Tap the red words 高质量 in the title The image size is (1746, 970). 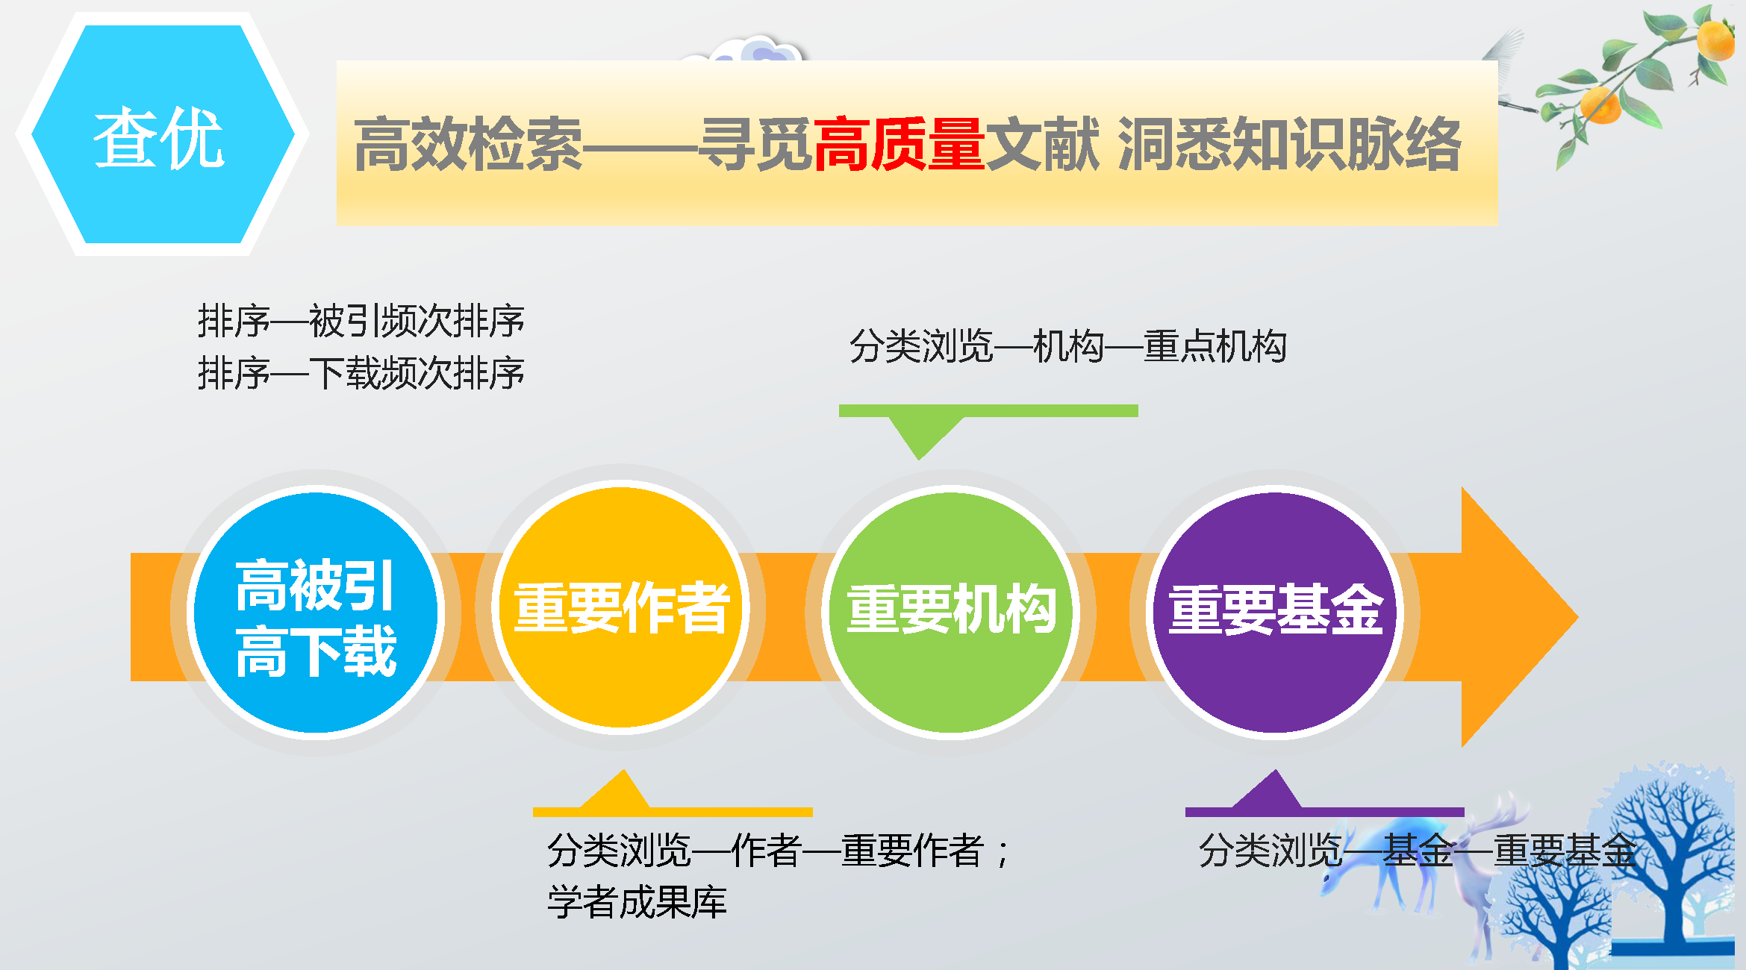(899, 144)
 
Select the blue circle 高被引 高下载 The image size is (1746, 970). (316, 614)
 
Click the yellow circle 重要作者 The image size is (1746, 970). (621, 607)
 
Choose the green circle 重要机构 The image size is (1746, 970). (951, 612)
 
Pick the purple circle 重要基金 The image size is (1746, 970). (1275, 612)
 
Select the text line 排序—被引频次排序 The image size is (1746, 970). (361, 321)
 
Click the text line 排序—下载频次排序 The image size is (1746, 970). (361, 373)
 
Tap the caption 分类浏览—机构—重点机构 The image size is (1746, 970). (1068, 346)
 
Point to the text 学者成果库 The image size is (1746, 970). (637, 902)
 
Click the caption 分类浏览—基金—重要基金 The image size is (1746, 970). (1418, 850)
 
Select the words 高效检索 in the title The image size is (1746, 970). (468, 144)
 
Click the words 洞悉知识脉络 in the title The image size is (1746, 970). (1289, 144)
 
